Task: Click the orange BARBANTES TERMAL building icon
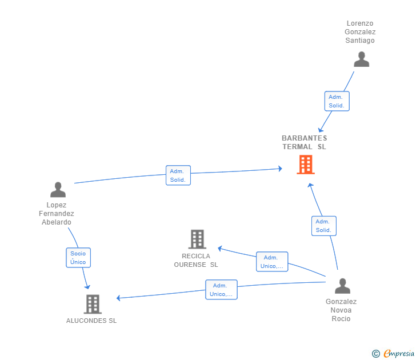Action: click(x=306, y=165)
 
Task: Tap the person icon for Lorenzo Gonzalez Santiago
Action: click(x=361, y=59)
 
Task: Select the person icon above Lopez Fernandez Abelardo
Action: click(x=58, y=189)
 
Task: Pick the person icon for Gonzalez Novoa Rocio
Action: click(x=342, y=286)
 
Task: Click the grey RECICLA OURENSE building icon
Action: click(x=197, y=239)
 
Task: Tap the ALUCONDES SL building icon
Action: click(x=93, y=304)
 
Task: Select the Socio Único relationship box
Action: click(x=78, y=258)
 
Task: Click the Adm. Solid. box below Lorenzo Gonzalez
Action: click(x=337, y=101)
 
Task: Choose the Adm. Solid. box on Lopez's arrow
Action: click(x=178, y=175)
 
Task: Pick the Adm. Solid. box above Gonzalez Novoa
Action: click(x=324, y=226)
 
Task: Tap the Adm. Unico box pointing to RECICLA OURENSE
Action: click(x=272, y=262)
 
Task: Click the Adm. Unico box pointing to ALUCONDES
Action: click(x=221, y=290)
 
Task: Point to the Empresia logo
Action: click(x=399, y=353)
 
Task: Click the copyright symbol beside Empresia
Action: click(x=376, y=354)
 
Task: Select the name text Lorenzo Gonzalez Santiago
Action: click(x=360, y=32)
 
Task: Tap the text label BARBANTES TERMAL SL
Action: click(x=305, y=142)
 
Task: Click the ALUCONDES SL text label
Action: click(x=91, y=321)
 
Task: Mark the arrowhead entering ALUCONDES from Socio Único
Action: click(x=87, y=287)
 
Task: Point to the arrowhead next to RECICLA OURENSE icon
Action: click(x=219, y=249)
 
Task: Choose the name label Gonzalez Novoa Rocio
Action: click(x=341, y=310)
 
